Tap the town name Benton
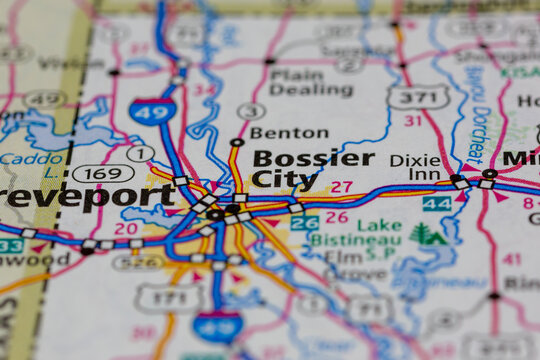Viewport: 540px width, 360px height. click(288, 132)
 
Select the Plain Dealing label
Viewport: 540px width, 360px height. click(296, 82)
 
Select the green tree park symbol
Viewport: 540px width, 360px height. click(428, 235)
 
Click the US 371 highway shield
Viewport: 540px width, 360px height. click(417, 97)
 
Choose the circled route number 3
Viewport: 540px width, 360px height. click(251, 111)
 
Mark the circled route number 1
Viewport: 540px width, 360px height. click(140, 153)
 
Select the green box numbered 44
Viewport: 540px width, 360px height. click(436, 203)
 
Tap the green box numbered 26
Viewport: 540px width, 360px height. click(304, 223)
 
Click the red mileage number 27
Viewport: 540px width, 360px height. click(341, 187)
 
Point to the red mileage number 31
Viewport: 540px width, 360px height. click(413, 121)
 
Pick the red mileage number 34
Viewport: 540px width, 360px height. click(204, 90)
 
